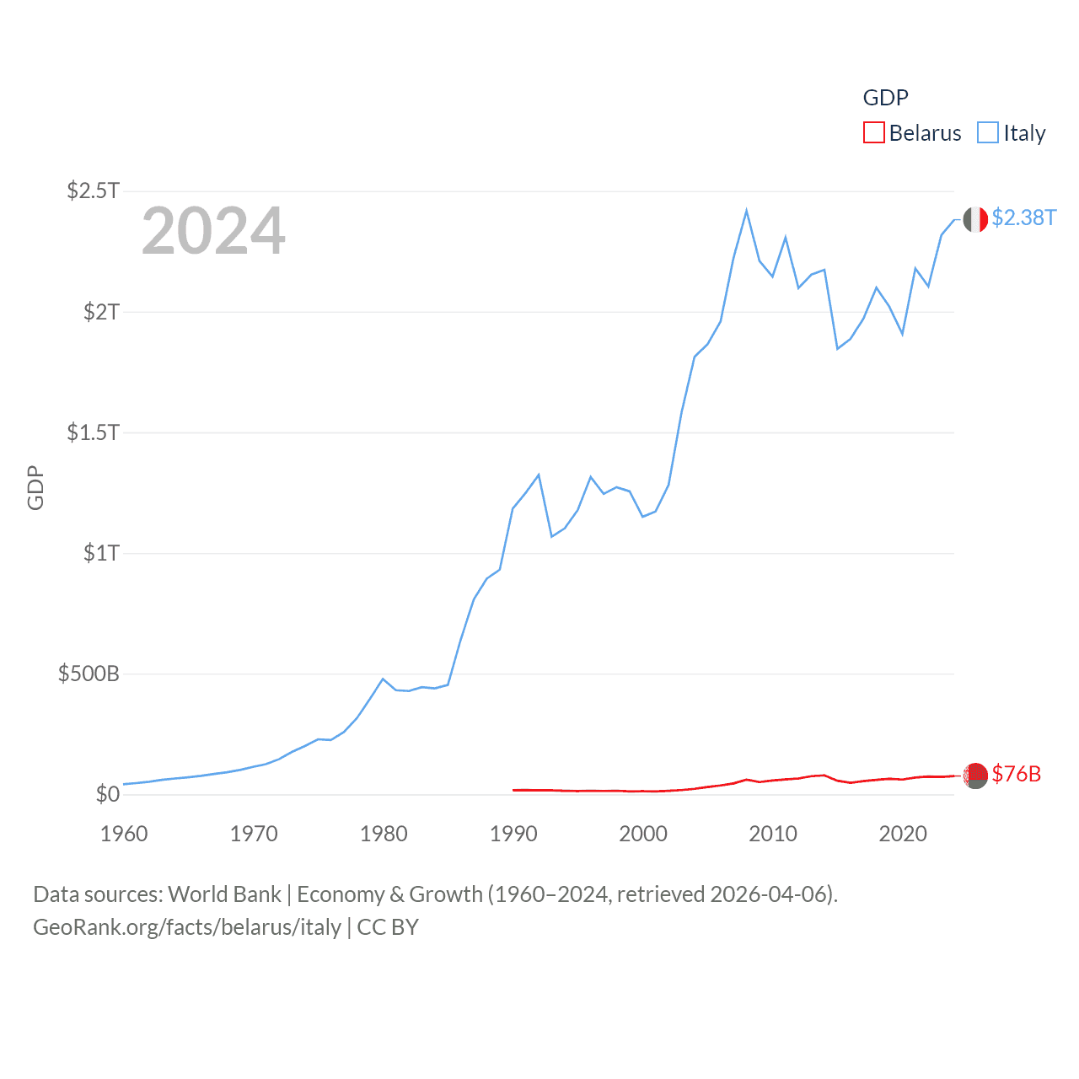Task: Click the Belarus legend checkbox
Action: pos(874,133)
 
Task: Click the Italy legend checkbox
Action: pos(988,133)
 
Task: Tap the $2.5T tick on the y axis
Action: pos(94,191)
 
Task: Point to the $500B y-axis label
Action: pos(89,674)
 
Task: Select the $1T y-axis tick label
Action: pos(101,553)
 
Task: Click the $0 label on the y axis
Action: pos(107,794)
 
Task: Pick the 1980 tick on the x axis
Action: pos(384,834)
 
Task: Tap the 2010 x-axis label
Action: pos(773,834)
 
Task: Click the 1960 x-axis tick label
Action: pos(124,834)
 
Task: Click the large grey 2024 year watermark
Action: pos(213,231)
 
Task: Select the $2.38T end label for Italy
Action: pos(1023,217)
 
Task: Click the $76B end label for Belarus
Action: pos(1016,774)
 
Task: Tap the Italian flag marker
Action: pos(975,220)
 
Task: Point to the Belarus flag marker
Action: pos(975,775)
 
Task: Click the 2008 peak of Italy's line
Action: pos(747,211)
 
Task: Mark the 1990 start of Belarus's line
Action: pos(513,790)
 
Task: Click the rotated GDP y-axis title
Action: pos(35,487)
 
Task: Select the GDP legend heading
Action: pos(885,98)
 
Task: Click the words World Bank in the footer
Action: pos(225,894)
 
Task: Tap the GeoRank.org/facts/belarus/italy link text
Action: pos(187,927)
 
